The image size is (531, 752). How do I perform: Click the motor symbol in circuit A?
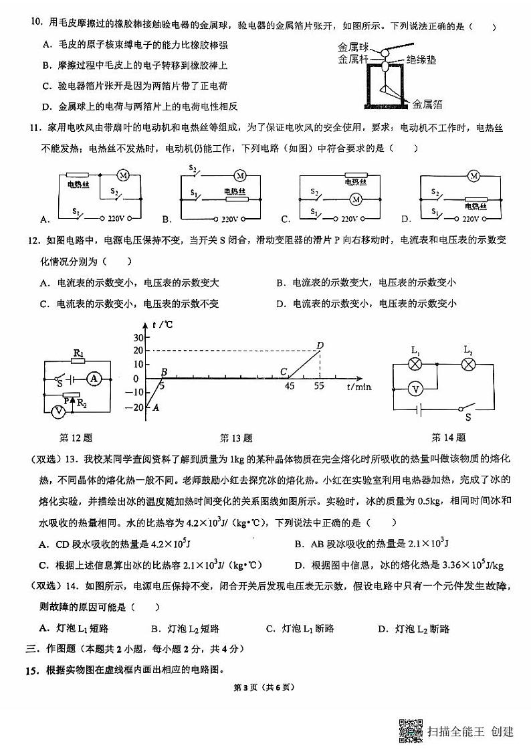[x=123, y=175]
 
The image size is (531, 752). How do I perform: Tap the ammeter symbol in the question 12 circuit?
[x=94, y=379]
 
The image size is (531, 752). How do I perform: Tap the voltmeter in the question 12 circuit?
[x=59, y=412]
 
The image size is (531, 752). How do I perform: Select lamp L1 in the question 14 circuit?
[x=415, y=364]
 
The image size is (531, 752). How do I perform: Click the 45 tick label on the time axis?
[x=290, y=386]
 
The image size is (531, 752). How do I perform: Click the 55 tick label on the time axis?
[x=320, y=386]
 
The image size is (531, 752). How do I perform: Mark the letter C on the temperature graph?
[x=284, y=372]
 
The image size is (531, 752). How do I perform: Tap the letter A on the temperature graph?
[x=155, y=407]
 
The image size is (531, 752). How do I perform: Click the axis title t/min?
[x=358, y=386]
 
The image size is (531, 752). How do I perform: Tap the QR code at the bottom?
[x=411, y=730]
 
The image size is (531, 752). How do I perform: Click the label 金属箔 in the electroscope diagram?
[x=427, y=104]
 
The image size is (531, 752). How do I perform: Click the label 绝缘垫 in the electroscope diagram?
[x=422, y=60]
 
